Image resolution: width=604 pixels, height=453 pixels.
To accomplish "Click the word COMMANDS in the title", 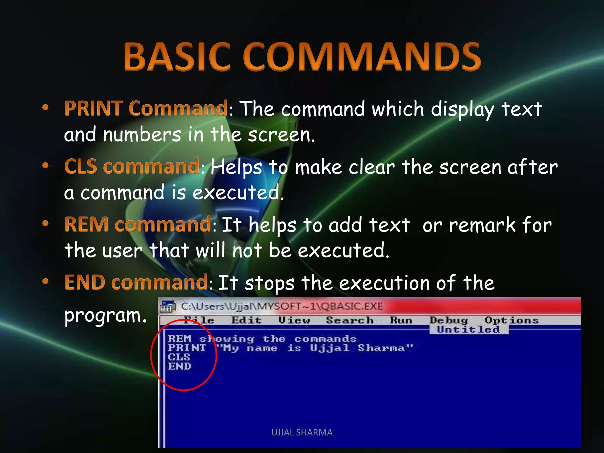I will coord(362,57).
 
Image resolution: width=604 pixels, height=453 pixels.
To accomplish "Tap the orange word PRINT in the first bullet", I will coord(94,108).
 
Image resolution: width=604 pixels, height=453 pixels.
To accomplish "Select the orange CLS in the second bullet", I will coord(81,166).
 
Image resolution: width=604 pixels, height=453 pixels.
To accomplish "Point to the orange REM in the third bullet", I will coord(86,224).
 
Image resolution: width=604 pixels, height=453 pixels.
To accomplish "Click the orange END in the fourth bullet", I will coord(85,282).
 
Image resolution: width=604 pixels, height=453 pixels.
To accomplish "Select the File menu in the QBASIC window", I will coord(198,320).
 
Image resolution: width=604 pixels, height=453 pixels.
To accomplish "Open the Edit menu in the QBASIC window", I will coord(246,320).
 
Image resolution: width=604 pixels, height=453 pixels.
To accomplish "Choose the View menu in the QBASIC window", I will coord(294,320).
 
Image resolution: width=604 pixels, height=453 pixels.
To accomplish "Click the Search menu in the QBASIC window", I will coord(350,320).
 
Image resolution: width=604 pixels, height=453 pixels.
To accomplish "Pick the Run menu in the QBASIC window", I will coord(401,320).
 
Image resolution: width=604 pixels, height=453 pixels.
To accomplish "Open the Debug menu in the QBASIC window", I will coord(449,320).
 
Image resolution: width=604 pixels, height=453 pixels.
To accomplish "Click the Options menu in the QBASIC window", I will coord(512,320).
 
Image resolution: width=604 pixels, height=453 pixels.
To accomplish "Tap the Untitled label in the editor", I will coord(468,329).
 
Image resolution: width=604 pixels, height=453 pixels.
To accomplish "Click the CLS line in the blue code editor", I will coord(179,357).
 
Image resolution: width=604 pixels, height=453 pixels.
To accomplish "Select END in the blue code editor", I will coord(180,366).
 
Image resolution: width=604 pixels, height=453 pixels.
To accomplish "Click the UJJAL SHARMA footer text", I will coord(302,432).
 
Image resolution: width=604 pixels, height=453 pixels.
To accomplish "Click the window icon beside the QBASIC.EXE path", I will coord(168,307).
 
